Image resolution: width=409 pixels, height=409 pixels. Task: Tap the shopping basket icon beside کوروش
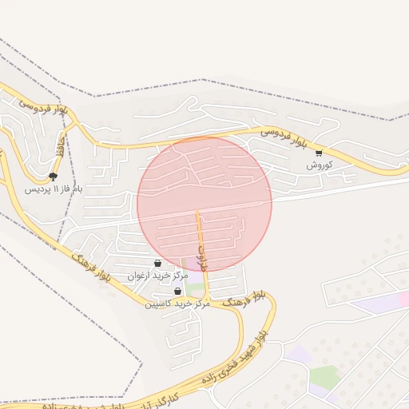point(319,153)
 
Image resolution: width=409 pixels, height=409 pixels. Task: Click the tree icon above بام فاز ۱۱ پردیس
point(54,177)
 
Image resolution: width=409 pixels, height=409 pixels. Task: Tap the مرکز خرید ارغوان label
point(157,276)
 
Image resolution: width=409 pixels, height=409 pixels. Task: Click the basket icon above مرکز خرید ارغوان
point(157,263)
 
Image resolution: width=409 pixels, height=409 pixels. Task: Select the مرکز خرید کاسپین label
point(177,304)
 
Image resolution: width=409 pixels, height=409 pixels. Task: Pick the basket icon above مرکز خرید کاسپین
point(177,292)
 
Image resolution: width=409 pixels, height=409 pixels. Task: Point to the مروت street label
point(201,258)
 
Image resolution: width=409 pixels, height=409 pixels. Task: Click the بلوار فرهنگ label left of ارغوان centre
point(90,268)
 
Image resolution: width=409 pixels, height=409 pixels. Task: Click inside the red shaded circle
point(204,204)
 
